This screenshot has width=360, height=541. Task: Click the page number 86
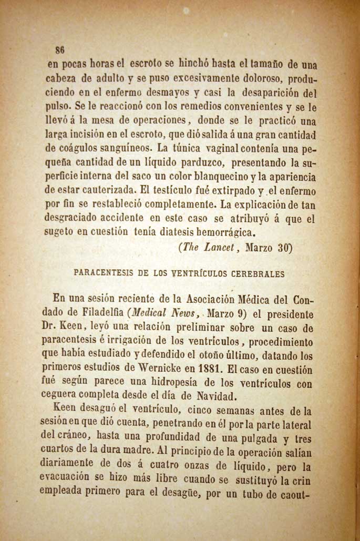(60, 50)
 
